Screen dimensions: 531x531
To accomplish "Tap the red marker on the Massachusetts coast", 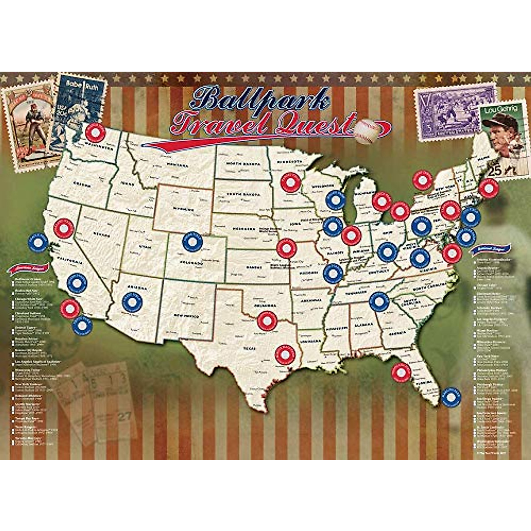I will (489, 189).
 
